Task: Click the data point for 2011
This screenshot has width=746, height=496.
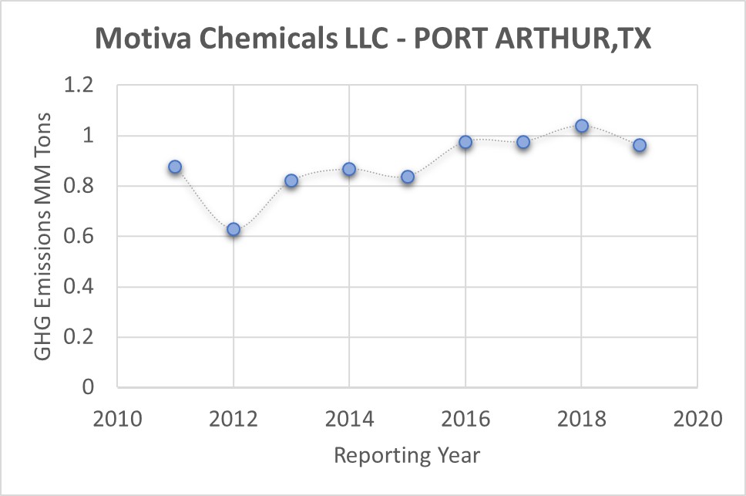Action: point(175,167)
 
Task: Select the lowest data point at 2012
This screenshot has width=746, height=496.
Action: point(234,229)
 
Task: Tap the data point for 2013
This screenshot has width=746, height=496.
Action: point(291,181)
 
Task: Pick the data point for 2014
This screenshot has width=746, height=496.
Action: point(349,169)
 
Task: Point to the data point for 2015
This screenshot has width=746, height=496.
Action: point(408,177)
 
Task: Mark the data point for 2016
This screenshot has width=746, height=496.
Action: point(465,142)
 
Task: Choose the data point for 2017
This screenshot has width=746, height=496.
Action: point(523,142)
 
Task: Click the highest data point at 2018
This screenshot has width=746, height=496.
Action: point(582,126)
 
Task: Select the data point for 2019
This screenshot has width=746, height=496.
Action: point(640,145)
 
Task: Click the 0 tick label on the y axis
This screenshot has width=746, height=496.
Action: point(87,387)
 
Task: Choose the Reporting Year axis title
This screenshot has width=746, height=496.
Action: point(407,455)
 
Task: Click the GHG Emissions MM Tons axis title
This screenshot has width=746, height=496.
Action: point(43,235)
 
